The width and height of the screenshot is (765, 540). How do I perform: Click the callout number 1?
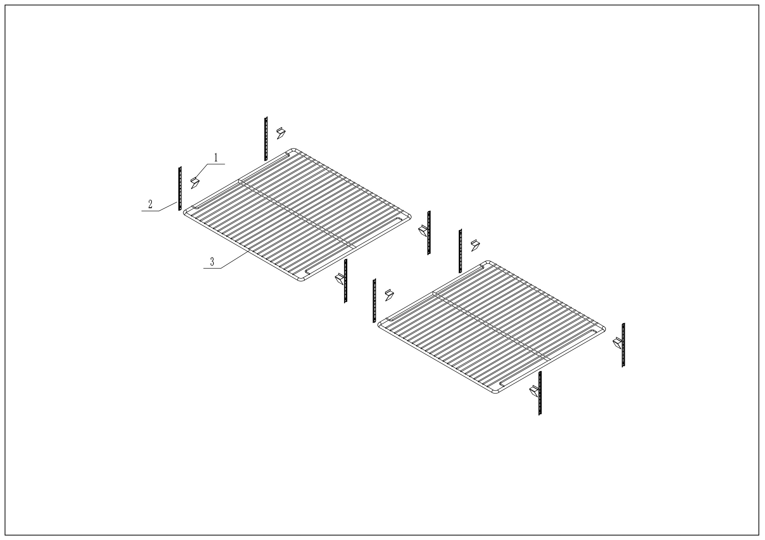pos(216,157)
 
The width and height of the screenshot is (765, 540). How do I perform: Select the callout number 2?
pos(150,204)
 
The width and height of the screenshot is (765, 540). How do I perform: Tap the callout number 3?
pos(212,262)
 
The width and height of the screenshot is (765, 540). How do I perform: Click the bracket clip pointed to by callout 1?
pos(194,183)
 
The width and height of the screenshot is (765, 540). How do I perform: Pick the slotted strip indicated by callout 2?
pos(180,188)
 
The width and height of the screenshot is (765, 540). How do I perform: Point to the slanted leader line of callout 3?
pos(235,260)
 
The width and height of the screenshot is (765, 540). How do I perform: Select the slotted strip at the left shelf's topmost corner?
pos(266,139)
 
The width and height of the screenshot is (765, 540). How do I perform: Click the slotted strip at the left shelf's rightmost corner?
pos(429,233)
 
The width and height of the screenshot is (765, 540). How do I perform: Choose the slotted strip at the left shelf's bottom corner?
pos(346,281)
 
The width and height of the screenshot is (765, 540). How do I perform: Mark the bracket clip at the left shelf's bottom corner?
pos(339,279)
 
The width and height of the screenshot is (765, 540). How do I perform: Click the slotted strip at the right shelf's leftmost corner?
pos(374,301)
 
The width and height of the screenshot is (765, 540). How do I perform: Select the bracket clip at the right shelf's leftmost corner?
pos(389,295)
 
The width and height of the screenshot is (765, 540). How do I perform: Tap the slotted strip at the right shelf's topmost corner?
pos(460,251)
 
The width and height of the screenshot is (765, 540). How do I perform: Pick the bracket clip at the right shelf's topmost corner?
pos(475,245)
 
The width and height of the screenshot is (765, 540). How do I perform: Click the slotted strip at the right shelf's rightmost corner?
pos(623,345)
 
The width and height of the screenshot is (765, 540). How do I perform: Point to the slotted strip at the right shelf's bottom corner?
pos(540,393)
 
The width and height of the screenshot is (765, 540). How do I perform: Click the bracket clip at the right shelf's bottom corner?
pos(534,391)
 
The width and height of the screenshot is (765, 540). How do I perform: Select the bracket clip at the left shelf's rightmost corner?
pos(423,230)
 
